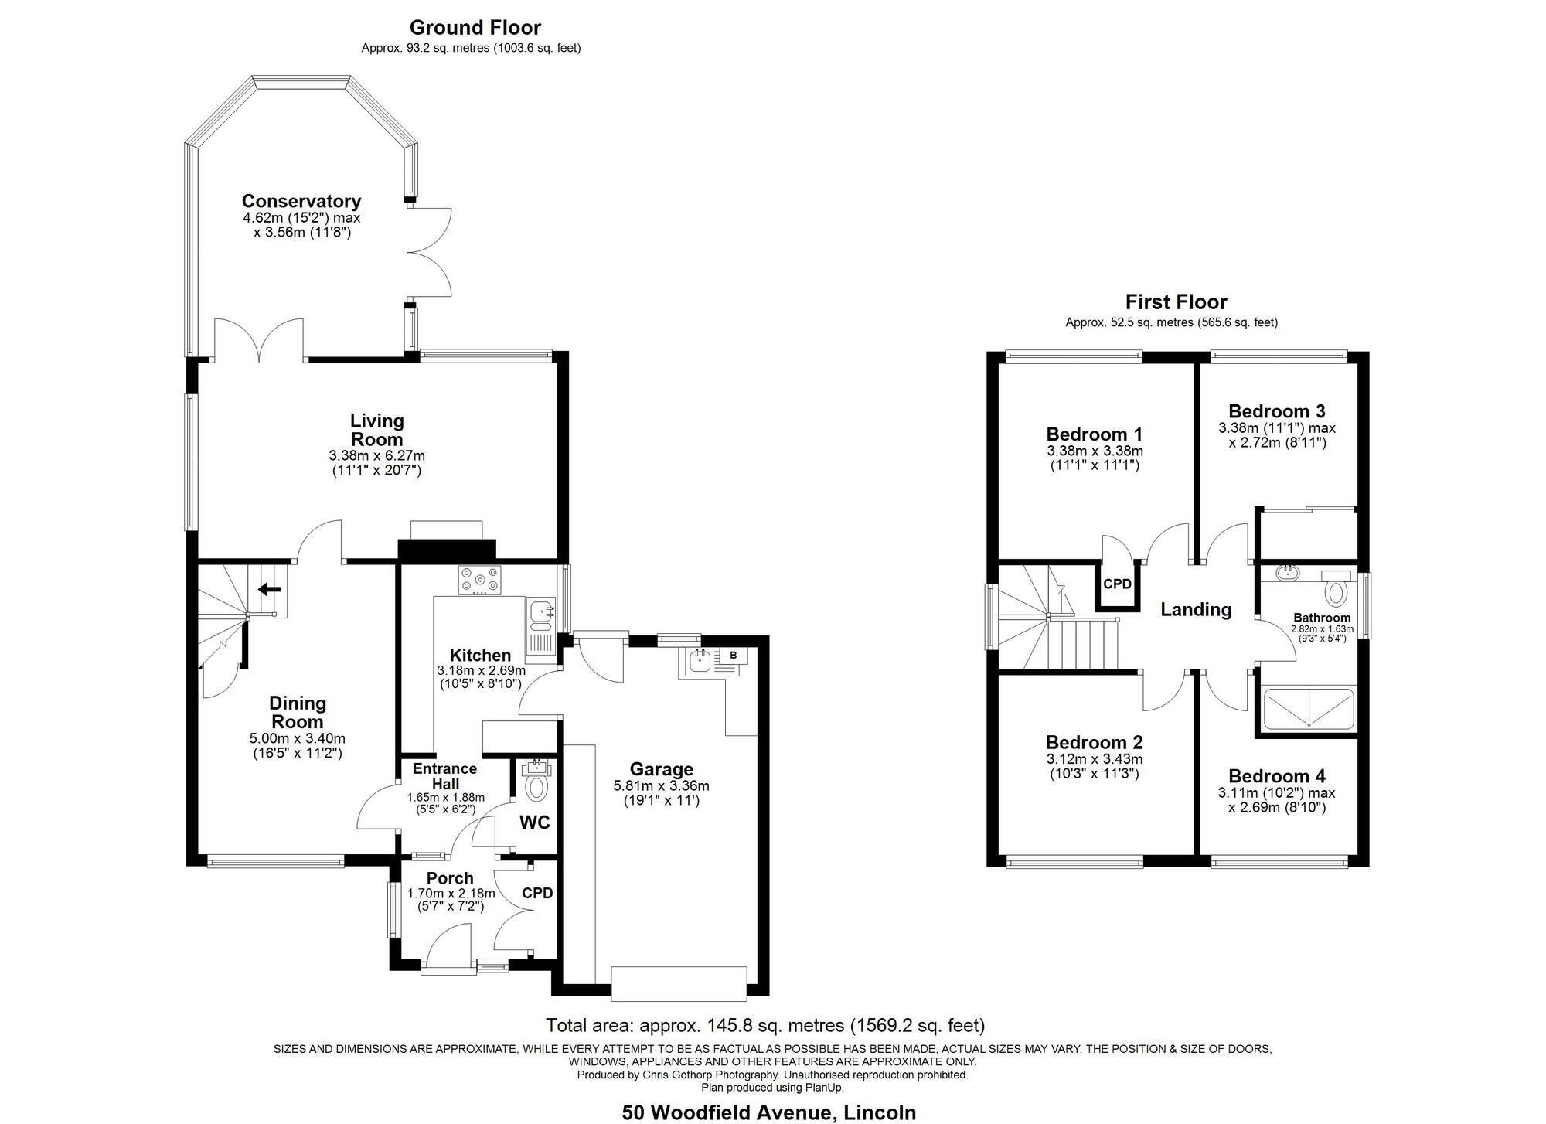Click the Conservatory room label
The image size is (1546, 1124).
coord(301,201)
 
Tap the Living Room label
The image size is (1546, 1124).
coord(377,430)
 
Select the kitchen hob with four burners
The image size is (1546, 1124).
coord(480,581)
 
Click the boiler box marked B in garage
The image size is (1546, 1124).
coord(734,656)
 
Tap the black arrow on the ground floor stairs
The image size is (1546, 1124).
coord(268,590)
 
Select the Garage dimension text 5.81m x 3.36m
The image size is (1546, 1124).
coord(662,786)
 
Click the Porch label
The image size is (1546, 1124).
coord(450,878)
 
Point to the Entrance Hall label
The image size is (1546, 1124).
coord(445,776)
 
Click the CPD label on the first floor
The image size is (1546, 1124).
coord(1117,584)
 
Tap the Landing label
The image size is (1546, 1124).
coord(1196,610)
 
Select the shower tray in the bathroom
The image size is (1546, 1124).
coord(1309,710)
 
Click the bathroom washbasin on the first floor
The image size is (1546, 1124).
coord(1288,574)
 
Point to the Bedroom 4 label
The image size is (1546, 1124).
coord(1277,776)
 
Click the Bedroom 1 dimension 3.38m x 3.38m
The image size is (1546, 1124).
coord(1095,451)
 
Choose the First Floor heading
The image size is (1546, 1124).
coord(1176,301)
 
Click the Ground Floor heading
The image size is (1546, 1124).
coord(475,28)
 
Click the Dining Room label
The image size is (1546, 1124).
coord(298,712)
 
